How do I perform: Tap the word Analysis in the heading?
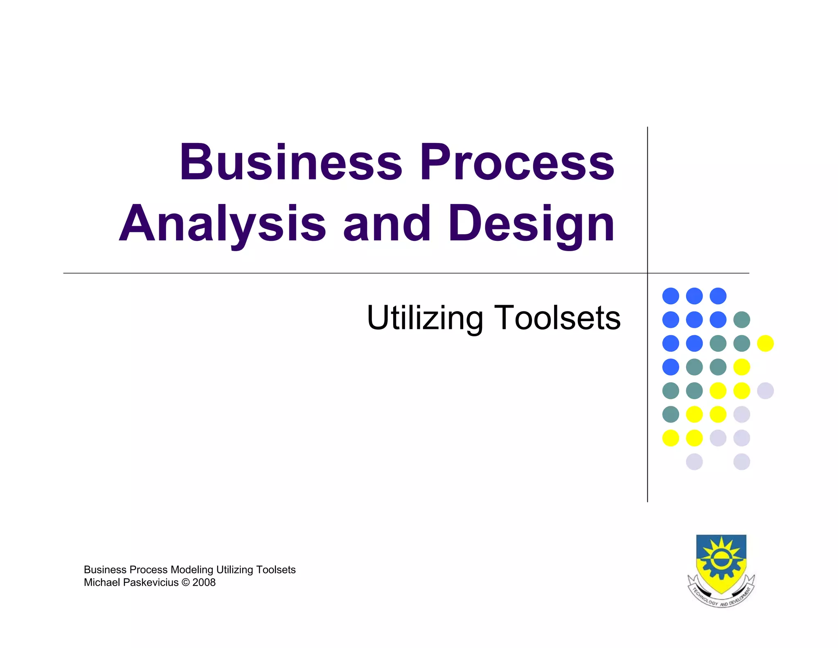click(x=222, y=224)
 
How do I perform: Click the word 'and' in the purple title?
click(x=387, y=224)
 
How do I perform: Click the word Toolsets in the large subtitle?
click(x=559, y=318)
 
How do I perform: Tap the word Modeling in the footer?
click(x=192, y=570)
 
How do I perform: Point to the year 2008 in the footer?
click(x=204, y=582)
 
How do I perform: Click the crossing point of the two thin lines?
click(x=647, y=273)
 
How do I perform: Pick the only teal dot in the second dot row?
click(x=741, y=319)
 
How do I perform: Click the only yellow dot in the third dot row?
click(x=765, y=343)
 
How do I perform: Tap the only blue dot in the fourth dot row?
click(x=671, y=367)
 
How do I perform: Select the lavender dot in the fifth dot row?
click(x=765, y=391)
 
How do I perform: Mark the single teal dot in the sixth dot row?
click(x=671, y=415)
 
